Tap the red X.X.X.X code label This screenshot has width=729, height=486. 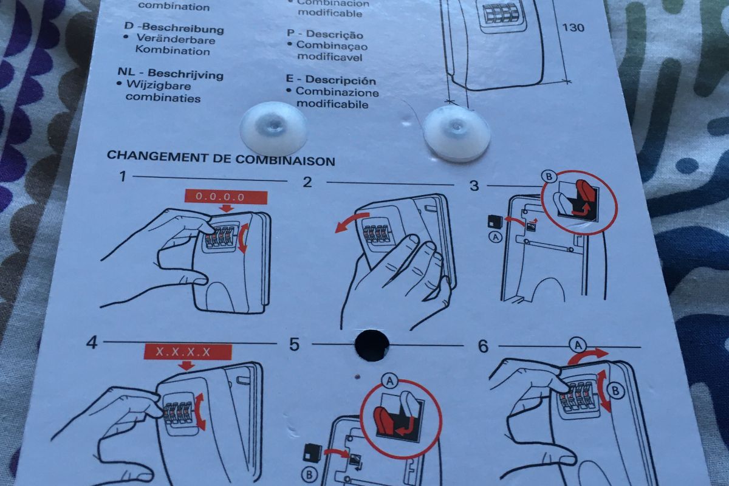click(x=188, y=352)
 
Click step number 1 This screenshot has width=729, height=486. click(x=123, y=177)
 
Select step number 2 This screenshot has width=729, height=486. click(x=307, y=182)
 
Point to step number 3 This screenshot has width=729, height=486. click(x=474, y=185)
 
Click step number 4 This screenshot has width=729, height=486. click(x=92, y=343)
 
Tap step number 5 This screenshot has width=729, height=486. click(x=295, y=345)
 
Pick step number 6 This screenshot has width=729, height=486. click(x=483, y=346)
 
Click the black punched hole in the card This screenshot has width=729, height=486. click(x=371, y=344)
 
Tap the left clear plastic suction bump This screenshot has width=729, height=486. click(x=273, y=129)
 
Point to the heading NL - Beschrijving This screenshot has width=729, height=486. click(x=170, y=75)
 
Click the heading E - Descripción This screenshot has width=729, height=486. click(x=331, y=80)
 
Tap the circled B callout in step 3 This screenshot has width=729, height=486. click(x=549, y=177)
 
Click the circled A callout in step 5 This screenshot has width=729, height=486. click(x=388, y=380)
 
